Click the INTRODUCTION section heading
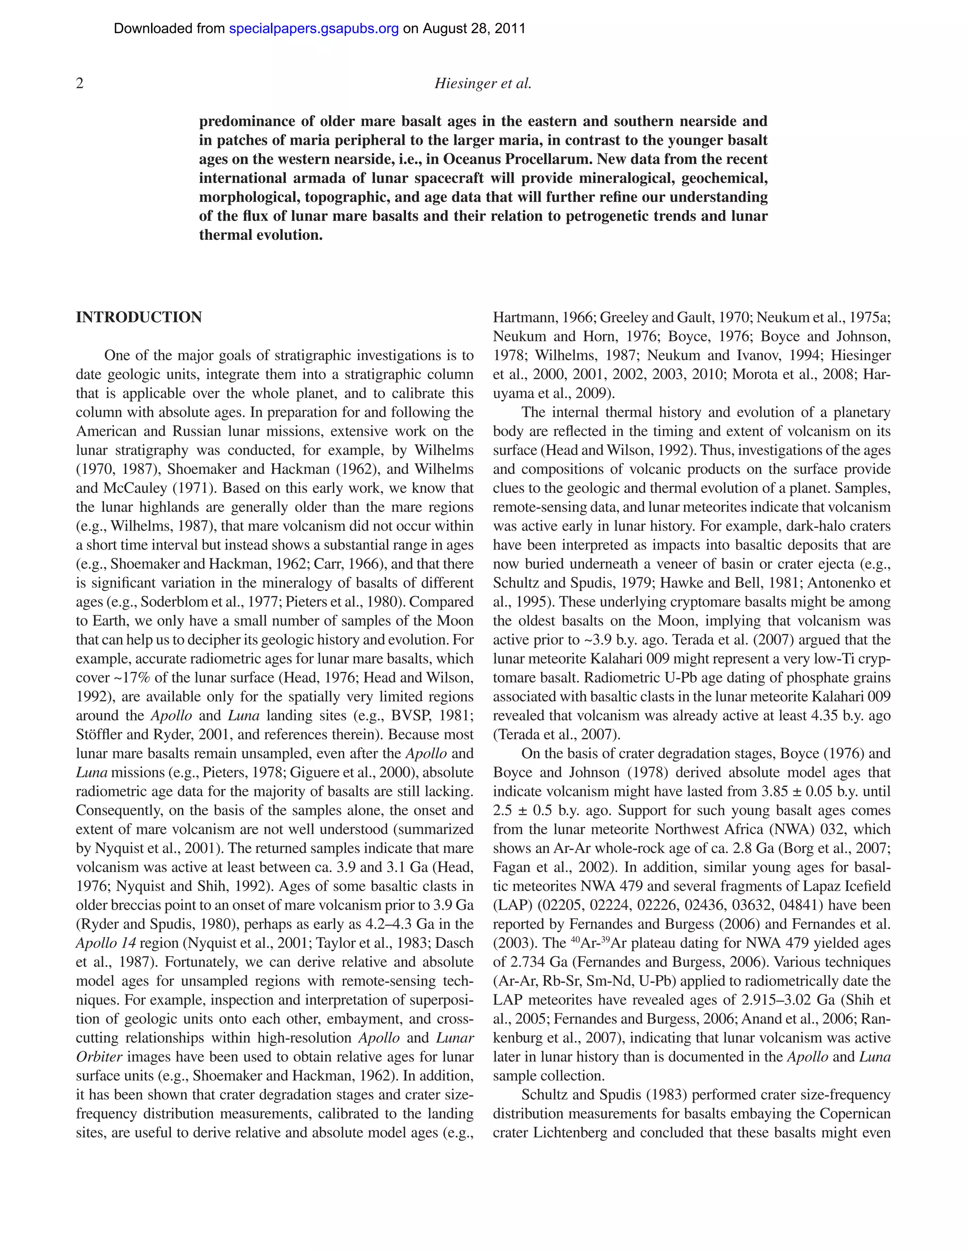[x=139, y=317]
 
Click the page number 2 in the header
[x=80, y=84]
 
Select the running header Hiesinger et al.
[x=483, y=84]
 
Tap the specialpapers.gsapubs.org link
[x=314, y=29]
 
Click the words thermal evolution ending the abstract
[x=261, y=235]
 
